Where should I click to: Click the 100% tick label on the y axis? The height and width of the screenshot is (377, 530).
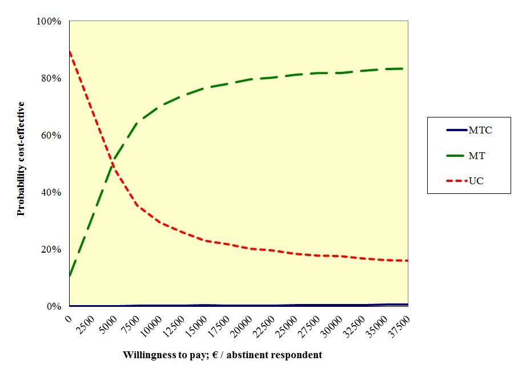[49, 22]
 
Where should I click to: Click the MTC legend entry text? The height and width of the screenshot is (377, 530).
[480, 131]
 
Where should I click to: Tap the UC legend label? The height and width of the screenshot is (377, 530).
[476, 181]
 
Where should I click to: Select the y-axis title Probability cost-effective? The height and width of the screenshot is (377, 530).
[21, 159]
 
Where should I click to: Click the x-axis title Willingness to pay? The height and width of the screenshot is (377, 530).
[222, 355]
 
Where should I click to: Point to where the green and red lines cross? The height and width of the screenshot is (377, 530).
[113, 165]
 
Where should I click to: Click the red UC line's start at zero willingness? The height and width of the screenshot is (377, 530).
[70, 51]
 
